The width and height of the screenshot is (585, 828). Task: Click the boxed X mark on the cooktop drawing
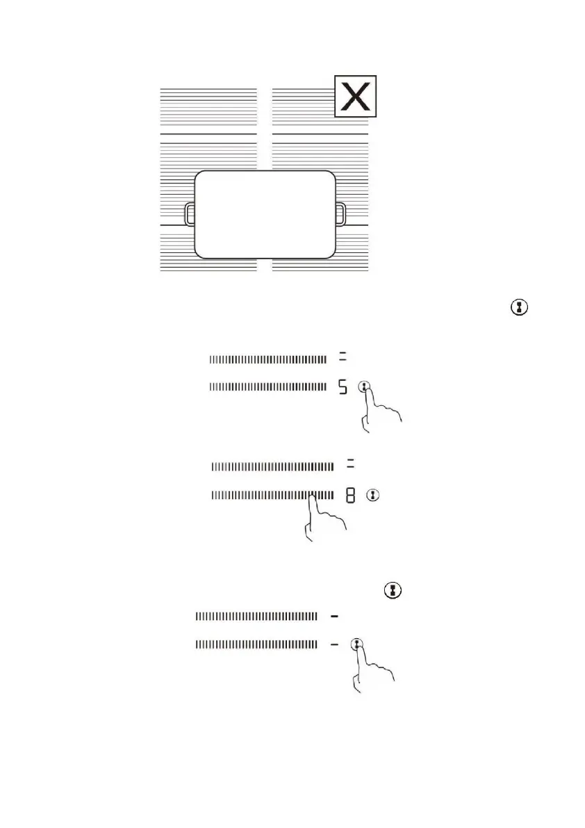click(356, 96)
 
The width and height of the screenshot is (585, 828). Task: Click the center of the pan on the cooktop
click(265, 213)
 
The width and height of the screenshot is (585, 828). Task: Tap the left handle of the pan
click(190, 214)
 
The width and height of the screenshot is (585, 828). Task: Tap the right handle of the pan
click(340, 214)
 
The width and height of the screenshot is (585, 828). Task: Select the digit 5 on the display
click(342, 387)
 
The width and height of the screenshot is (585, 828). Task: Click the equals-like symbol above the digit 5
click(342, 357)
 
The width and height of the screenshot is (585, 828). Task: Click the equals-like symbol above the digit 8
click(350, 464)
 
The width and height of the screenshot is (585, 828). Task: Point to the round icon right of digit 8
click(374, 496)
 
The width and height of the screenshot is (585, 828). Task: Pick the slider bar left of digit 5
click(267, 387)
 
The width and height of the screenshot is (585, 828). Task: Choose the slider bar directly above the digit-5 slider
click(267, 359)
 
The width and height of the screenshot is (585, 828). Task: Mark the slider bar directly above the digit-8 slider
click(272, 466)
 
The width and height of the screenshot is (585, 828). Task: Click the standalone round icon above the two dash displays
click(393, 590)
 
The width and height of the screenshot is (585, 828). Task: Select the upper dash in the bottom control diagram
click(334, 616)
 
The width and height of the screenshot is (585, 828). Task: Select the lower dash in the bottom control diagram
click(334, 644)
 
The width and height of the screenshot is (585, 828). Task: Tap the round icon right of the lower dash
click(357, 644)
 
